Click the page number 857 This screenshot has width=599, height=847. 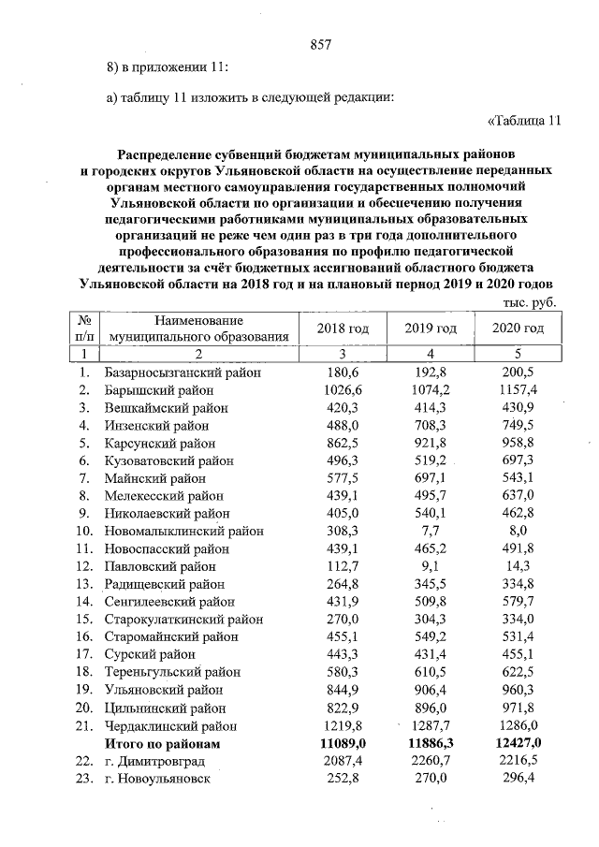[x=321, y=45]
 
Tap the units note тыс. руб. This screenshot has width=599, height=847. [x=530, y=303]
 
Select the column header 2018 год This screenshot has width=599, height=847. [x=343, y=329]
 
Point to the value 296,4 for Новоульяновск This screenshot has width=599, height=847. [x=518, y=779]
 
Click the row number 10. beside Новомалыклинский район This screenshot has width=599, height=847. [x=84, y=531]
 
